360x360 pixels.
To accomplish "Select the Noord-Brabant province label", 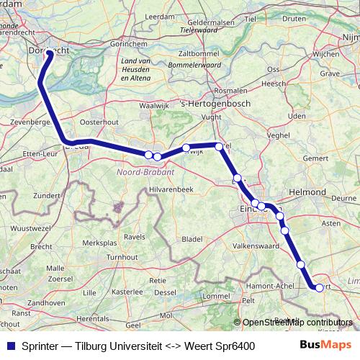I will [145, 172].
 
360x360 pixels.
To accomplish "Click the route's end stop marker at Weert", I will [319, 287].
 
